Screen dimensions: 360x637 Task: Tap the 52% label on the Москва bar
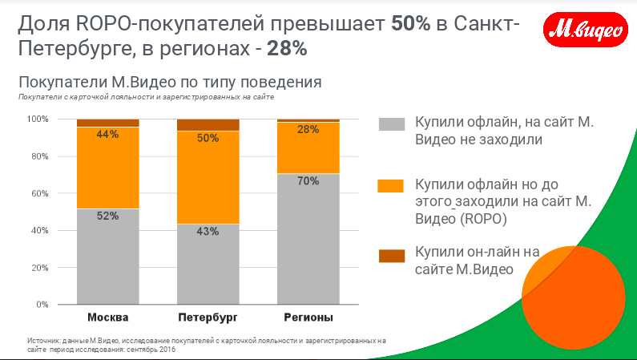coord(108,216)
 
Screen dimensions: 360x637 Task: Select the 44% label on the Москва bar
coord(108,135)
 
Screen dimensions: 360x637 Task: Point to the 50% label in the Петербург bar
coord(208,138)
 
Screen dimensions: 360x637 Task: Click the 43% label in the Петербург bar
coord(208,232)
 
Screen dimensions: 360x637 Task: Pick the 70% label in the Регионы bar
coord(308,181)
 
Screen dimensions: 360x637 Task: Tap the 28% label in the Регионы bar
coord(308,129)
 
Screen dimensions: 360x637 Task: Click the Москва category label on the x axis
coord(108,318)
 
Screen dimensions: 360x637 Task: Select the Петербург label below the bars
coord(208,318)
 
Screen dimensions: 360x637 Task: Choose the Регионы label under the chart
coord(308,318)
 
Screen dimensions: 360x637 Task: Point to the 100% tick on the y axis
coord(38,119)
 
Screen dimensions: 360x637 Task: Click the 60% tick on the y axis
coord(40,193)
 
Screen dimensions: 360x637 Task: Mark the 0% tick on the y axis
coord(42,305)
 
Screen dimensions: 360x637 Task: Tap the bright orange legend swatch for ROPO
coord(391,186)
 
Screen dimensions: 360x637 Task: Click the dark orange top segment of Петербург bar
coord(208,124)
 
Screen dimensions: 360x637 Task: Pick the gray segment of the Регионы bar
coord(308,241)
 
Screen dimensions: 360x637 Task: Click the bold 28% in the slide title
coord(287,49)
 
